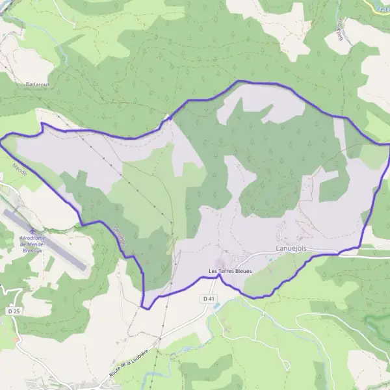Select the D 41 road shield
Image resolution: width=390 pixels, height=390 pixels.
[209, 298]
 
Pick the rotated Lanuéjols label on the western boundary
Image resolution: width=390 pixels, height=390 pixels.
[119, 235]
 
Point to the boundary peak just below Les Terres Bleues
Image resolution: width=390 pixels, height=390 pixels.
[218, 276]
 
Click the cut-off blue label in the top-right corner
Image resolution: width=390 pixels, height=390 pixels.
[383, 5]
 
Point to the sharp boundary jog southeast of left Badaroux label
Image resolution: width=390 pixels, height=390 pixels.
[42, 123]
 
